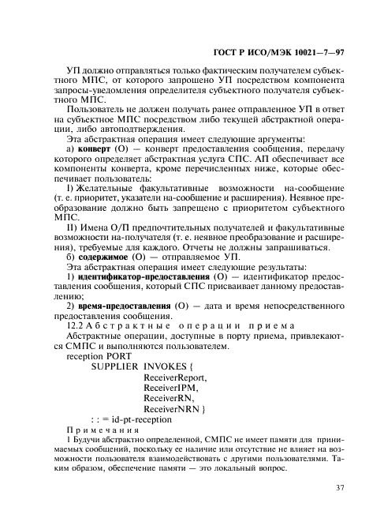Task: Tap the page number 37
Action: point(340,487)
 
